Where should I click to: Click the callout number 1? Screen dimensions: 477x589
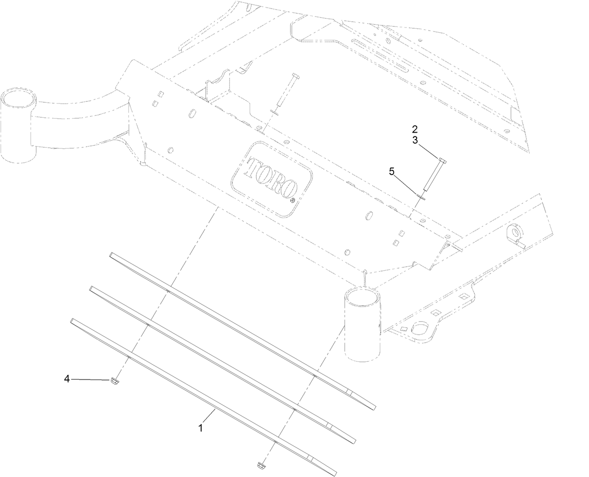pos(201,428)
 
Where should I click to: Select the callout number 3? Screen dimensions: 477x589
pos(415,139)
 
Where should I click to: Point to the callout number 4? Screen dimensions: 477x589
pos(67,379)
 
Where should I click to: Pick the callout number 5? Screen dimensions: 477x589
pos(392,171)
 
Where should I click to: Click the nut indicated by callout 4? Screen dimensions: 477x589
pos(114,381)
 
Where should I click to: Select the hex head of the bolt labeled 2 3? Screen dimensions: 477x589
pos(442,161)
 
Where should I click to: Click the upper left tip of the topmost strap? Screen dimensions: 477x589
pos(111,255)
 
